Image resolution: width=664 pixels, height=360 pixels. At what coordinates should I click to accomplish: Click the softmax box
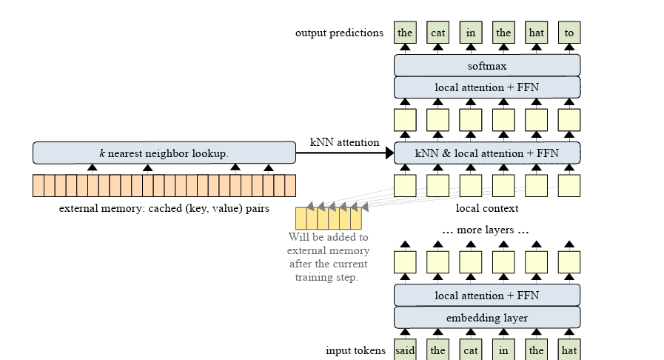click(486, 65)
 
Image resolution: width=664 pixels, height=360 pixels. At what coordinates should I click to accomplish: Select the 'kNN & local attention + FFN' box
click(486, 153)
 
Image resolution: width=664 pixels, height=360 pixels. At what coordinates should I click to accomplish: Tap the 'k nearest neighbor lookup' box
click(164, 153)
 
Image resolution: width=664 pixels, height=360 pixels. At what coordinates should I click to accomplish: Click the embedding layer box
click(486, 318)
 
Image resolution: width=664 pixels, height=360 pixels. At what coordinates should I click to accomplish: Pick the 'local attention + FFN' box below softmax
click(486, 87)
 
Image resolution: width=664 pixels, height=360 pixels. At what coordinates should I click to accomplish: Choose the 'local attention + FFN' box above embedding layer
click(486, 296)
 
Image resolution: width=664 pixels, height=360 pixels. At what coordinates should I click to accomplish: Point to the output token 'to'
click(569, 33)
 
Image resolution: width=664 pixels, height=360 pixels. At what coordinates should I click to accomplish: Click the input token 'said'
click(405, 350)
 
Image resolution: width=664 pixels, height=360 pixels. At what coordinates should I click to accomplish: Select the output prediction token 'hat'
click(536, 33)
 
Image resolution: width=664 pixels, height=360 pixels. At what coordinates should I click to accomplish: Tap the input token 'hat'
click(569, 350)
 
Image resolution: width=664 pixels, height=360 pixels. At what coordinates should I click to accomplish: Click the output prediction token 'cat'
click(437, 33)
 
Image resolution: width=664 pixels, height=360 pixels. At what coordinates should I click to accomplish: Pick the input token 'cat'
click(471, 350)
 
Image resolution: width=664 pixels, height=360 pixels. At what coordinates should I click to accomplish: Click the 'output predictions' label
click(339, 33)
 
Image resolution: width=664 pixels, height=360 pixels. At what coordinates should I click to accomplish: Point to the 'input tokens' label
click(355, 350)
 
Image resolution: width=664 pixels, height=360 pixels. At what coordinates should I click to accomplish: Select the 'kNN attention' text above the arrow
click(344, 142)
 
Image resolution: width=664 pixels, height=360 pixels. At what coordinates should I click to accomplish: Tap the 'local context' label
click(486, 208)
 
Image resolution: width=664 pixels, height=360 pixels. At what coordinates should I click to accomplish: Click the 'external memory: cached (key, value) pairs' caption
click(164, 208)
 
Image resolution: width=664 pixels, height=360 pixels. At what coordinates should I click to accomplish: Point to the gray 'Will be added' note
click(327, 257)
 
